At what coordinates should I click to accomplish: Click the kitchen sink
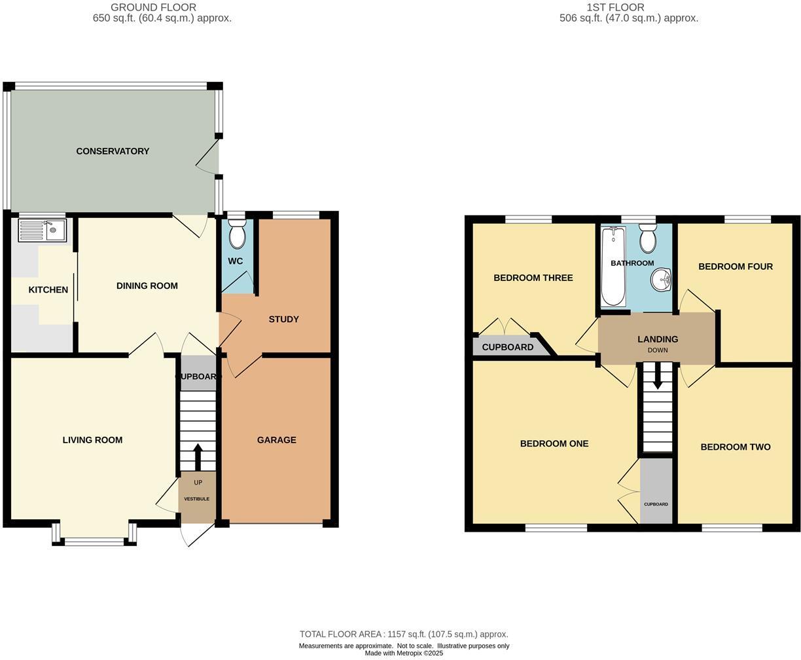tap(43, 230)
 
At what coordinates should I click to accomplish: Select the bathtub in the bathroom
tap(613, 266)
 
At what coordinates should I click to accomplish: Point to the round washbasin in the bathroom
tap(661, 280)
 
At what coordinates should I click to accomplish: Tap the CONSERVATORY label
tap(113, 151)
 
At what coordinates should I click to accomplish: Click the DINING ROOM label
tap(147, 286)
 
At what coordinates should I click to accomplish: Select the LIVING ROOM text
tap(92, 440)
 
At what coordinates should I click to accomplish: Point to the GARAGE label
tap(276, 440)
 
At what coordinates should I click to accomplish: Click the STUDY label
tap(283, 320)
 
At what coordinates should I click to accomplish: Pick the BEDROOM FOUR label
tap(735, 266)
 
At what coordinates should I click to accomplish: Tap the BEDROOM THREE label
tap(533, 278)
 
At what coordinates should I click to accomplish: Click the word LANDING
tap(658, 339)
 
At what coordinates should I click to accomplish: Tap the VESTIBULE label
tap(196, 499)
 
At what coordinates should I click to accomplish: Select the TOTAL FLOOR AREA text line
tap(403, 634)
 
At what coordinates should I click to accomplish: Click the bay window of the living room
tap(94, 538)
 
